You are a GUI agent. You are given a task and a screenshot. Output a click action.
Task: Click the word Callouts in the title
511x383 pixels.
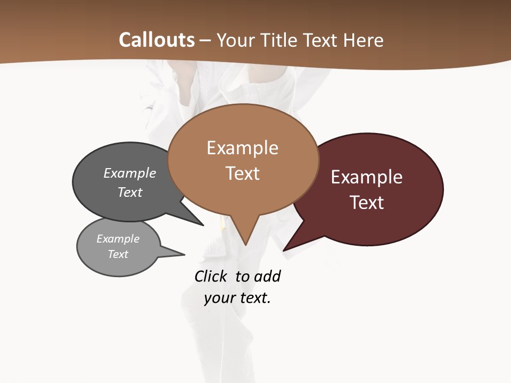click(x=156, y=40)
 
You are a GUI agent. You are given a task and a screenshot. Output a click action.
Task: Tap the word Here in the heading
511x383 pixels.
click(x=364, y=40)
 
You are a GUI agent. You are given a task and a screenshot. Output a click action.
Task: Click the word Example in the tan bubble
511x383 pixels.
click(x=242, y=148)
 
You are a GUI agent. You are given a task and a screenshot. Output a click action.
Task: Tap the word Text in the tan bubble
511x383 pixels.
click(x=242, y=173)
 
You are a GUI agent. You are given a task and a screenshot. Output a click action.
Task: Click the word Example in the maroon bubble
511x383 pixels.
click(x=367, y=177)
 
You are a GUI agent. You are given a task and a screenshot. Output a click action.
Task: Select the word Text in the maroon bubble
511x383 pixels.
click(x=367, y=203)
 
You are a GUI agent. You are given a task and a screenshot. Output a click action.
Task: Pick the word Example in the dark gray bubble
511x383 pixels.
click(x=130, y=173)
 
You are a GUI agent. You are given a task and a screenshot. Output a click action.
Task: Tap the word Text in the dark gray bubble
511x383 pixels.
click(x=130, y=192)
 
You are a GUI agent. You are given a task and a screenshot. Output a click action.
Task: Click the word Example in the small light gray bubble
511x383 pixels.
click(x=118, y=239)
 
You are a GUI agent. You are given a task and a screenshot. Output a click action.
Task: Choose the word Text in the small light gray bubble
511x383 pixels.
click(x=118, y=254)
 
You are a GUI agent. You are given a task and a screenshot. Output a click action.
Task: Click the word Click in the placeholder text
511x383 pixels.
click(x=210, y=277)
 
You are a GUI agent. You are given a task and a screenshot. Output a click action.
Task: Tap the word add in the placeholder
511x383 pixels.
click(x=267, y=277)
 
